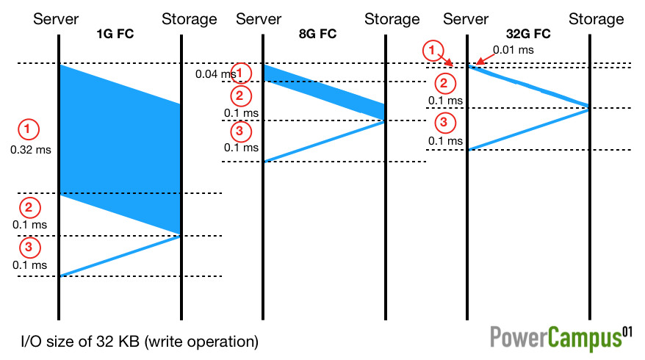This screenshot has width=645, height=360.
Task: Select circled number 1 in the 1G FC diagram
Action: click(x=28, y=129)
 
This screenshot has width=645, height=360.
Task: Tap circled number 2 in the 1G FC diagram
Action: click(x=28, y=206)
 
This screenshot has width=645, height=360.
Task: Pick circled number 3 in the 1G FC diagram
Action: click(x=28, y=247)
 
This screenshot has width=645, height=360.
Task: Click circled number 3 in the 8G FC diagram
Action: click(x=239, y=132)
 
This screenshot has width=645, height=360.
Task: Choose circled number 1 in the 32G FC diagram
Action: click(x=433, y=51)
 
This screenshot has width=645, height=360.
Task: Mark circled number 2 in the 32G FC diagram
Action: click(x=444, y=82)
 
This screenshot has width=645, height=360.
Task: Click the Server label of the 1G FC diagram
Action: click(x=57, y=19)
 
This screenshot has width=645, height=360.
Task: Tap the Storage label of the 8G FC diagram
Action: click(x=392, y=19)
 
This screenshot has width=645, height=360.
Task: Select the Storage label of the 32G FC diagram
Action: click(x=596, y=19)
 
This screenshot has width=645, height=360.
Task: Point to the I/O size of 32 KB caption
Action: click(x=140, y=342)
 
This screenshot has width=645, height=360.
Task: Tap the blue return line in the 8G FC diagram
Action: click(x=324, y=141)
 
